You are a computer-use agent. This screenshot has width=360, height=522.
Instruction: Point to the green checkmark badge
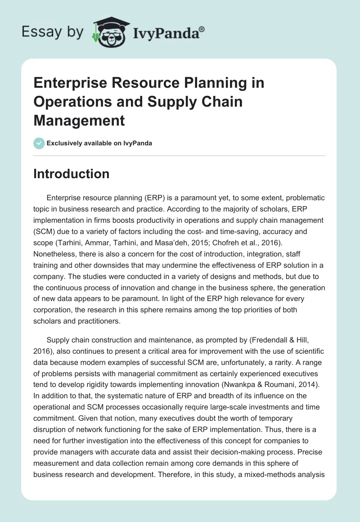(x=39, y=143)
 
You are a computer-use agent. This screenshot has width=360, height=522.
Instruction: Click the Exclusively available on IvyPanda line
(x=99, y=143)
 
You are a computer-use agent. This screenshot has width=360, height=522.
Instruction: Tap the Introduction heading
(x=71, y=174)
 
